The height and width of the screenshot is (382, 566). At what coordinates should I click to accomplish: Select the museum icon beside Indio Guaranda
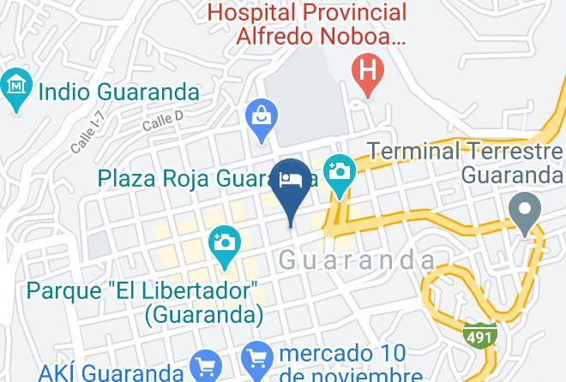16,88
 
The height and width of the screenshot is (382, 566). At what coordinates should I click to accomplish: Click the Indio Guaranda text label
118,92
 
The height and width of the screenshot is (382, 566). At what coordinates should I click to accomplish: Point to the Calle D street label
163,122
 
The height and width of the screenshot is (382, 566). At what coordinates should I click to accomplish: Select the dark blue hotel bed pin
291,182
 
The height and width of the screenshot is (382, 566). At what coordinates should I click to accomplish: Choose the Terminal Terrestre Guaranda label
464,163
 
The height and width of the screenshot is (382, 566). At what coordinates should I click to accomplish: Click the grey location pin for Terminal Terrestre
522,209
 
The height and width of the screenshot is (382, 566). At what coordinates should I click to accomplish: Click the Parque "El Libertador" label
143,301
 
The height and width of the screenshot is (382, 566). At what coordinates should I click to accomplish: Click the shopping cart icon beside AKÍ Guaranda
205,367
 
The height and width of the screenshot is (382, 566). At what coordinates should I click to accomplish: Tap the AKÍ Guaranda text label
111,372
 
